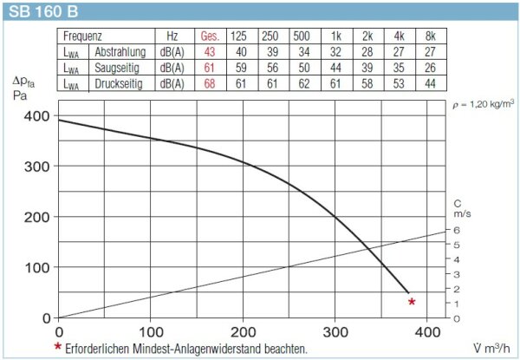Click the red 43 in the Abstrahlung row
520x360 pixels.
point(209,52)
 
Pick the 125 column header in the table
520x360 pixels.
point(240,36)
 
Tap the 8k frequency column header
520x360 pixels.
point(426,36)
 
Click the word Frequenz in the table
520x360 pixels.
point(83,36)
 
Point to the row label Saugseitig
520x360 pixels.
point(118,68)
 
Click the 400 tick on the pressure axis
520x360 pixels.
point(37,116)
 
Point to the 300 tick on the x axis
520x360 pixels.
point(335,331)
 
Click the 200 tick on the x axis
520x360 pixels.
point(244,331)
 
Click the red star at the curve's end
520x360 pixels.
point(412,302)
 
